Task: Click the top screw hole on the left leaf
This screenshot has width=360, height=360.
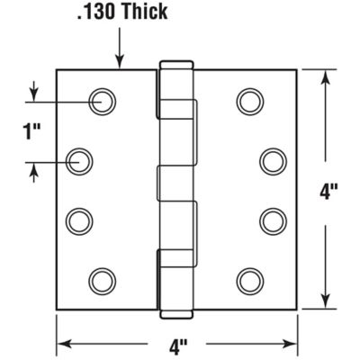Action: click(x=102, y=101)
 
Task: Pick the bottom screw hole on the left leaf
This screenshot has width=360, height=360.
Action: click(x=102, y=280)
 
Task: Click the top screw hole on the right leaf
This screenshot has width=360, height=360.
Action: click(x=249, y=101)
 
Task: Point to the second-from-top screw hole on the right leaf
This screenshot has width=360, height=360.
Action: click(x=272, y=161)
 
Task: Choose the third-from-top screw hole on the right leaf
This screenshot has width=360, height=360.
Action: click(x=272, y=220)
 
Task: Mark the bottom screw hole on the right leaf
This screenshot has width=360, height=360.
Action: click(x=249, y=280)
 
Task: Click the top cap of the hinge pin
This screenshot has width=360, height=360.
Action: click(x=176, y=64)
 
